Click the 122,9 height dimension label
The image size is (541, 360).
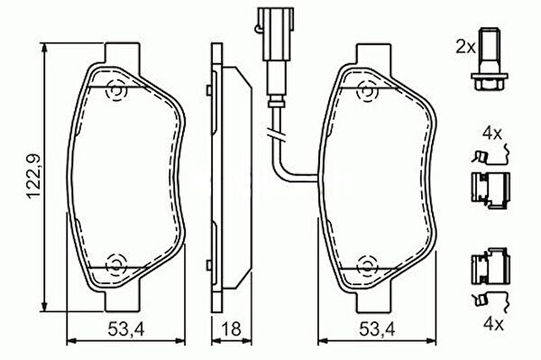click(x=33, y=176)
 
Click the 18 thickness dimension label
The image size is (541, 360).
click(x=231, y=329)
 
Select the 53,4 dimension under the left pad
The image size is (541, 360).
click(x=126, y=329)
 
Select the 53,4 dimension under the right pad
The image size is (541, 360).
click(x=377, y=329)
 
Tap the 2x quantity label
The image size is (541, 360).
click(x=466, y=47)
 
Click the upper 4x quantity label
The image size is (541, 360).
click(x=492, y=134)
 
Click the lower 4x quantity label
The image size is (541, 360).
click(x=494, y=323)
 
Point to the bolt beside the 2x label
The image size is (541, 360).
click(x=489, y=60)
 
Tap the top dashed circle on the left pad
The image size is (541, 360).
click(x=117, y=91)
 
